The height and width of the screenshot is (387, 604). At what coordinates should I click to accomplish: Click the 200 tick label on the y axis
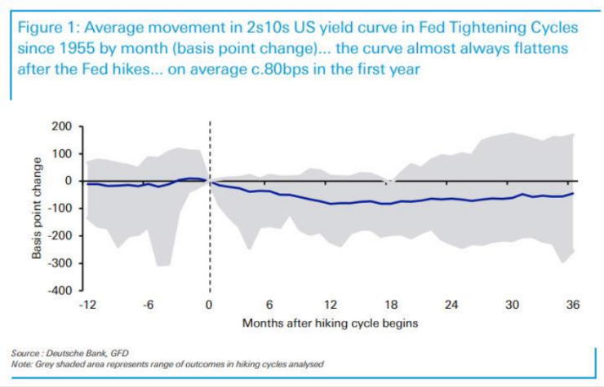62,126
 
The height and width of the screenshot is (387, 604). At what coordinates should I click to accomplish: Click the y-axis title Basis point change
37,209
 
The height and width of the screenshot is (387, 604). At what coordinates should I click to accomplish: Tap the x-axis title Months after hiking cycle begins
330,323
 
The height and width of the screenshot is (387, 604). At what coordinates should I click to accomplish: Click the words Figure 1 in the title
47,28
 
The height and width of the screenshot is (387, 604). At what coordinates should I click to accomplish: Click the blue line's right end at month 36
573,193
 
